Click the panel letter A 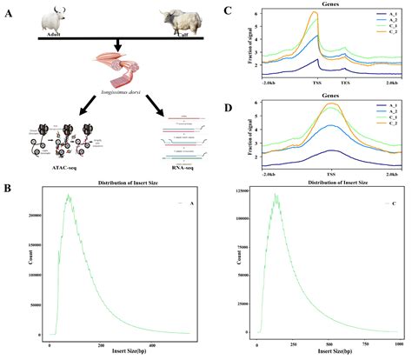[10, 11]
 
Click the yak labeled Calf [178, 22]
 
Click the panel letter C [227, 10]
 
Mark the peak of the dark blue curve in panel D [331, 150]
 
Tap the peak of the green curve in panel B [68, 196]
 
